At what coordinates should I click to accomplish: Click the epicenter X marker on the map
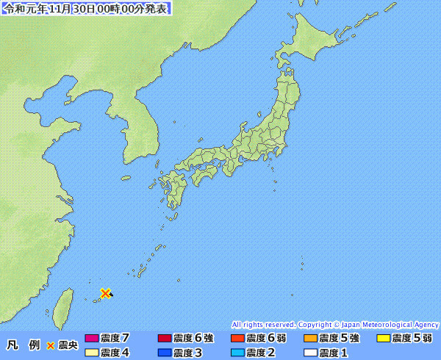pos(106,293)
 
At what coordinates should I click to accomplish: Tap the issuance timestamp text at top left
pos(87,9)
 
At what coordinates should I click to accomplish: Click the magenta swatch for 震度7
pos(92,339)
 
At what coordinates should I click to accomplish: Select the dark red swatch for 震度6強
pos(165,339)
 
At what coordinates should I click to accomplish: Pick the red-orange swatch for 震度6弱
pos(237,339)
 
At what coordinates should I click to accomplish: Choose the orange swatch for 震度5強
pos(310,339)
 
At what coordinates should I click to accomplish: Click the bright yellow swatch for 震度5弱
pos(383,339)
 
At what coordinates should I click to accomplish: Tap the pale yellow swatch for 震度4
pos(92,353)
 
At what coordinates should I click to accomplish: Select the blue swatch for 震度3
pos(165,353)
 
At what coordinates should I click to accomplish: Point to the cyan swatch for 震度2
pos(237,353)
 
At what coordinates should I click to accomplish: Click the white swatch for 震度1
pos(310,353)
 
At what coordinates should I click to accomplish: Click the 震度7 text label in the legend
pos(115,339)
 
